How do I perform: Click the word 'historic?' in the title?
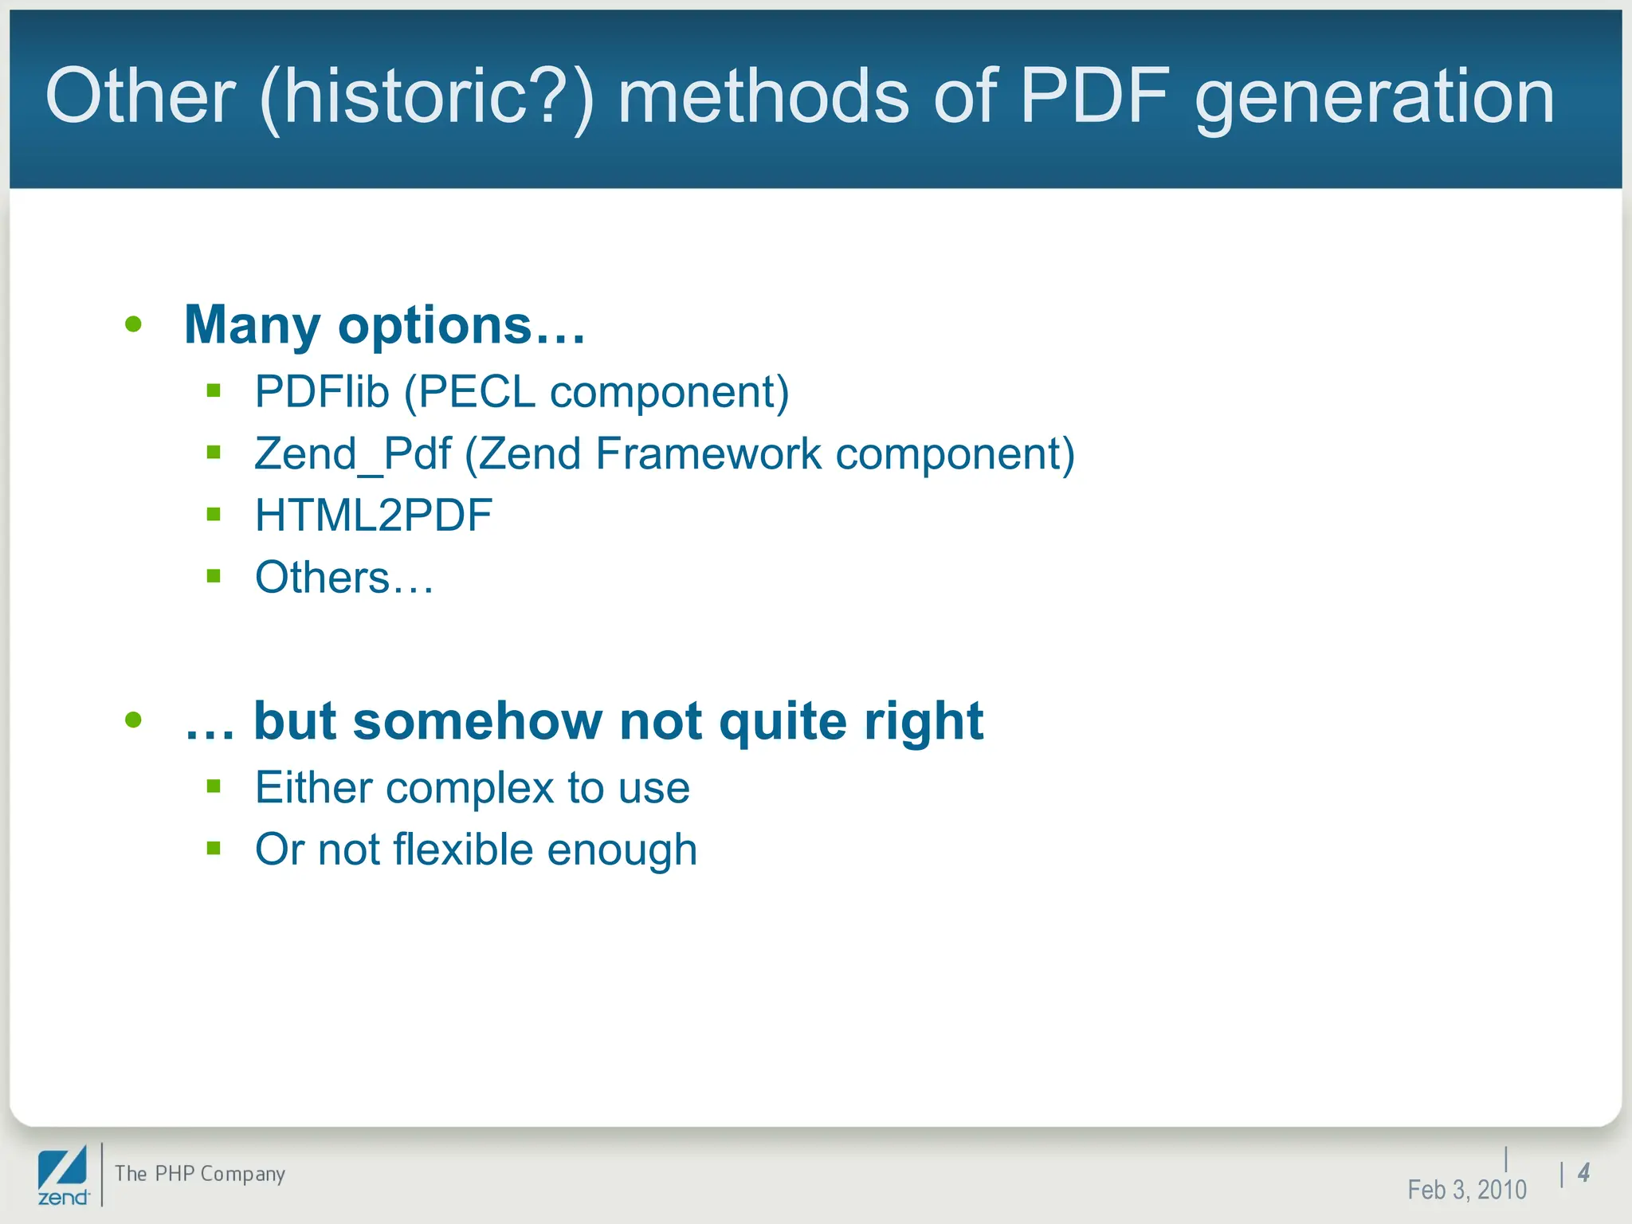click(426, 97)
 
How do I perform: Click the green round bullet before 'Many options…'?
click(133, 324)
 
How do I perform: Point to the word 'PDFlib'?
click(322, 392)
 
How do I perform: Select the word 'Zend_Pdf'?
click(352, 454)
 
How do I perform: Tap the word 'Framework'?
click(708, 454)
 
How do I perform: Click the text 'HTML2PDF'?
click(373, 516)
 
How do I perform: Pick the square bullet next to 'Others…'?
click(213, 575)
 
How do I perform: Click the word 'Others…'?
click(344, 577)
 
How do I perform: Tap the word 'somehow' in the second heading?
click(477, 721)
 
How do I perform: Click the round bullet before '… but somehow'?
click(133, 720)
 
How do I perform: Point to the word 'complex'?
click(469, 789)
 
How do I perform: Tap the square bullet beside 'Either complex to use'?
click(213, 787)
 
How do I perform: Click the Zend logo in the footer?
click(63, 1175)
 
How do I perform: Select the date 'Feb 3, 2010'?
click(1466, 1190)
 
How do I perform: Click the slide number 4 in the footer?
click(1583, 1172)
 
